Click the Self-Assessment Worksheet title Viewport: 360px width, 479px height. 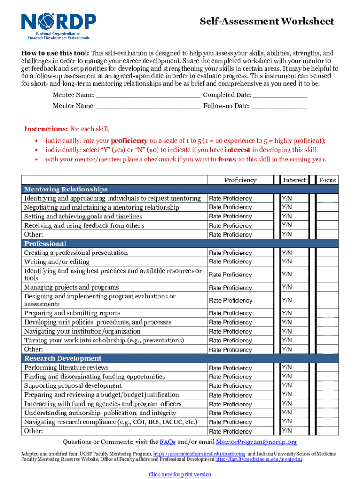[266, 22]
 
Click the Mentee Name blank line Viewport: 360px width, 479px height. [148, 95]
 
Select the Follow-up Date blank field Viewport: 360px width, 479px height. [280, 106]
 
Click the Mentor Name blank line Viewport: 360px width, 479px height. [148, 106]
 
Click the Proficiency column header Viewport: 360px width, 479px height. [240, 180]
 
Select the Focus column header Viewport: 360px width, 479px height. [327, 180]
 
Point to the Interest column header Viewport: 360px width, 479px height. [294, 180]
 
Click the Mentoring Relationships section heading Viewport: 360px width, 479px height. [66, 189]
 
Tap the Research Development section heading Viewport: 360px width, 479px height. [63, 359]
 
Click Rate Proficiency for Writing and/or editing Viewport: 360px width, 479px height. [230, 262]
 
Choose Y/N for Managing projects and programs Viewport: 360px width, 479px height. [287, 287]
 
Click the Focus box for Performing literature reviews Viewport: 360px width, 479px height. [327, 368]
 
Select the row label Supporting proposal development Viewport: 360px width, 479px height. [73, 386]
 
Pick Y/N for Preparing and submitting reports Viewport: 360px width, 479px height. [287, 313]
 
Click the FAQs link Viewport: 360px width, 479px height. [168, 442]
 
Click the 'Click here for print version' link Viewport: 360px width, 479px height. [180, 474]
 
